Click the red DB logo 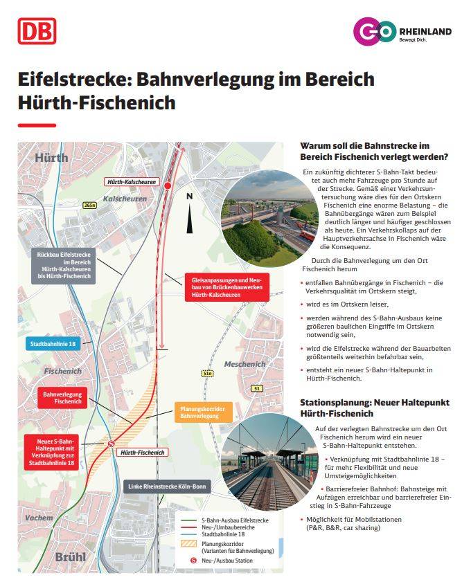point(37,31)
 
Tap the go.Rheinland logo point(401,32)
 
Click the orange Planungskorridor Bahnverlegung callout point(200,412)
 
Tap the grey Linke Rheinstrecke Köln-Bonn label point(166,486)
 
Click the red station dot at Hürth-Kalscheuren point(167,185)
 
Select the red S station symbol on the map point(111,443)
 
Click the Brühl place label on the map point(42,557)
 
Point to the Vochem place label point(37,517)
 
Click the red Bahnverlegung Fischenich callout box point(62,398)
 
